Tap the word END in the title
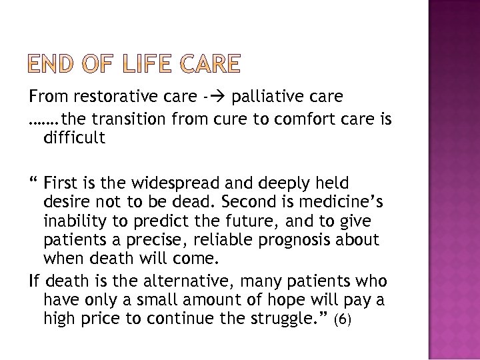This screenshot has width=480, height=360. [52, 63]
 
